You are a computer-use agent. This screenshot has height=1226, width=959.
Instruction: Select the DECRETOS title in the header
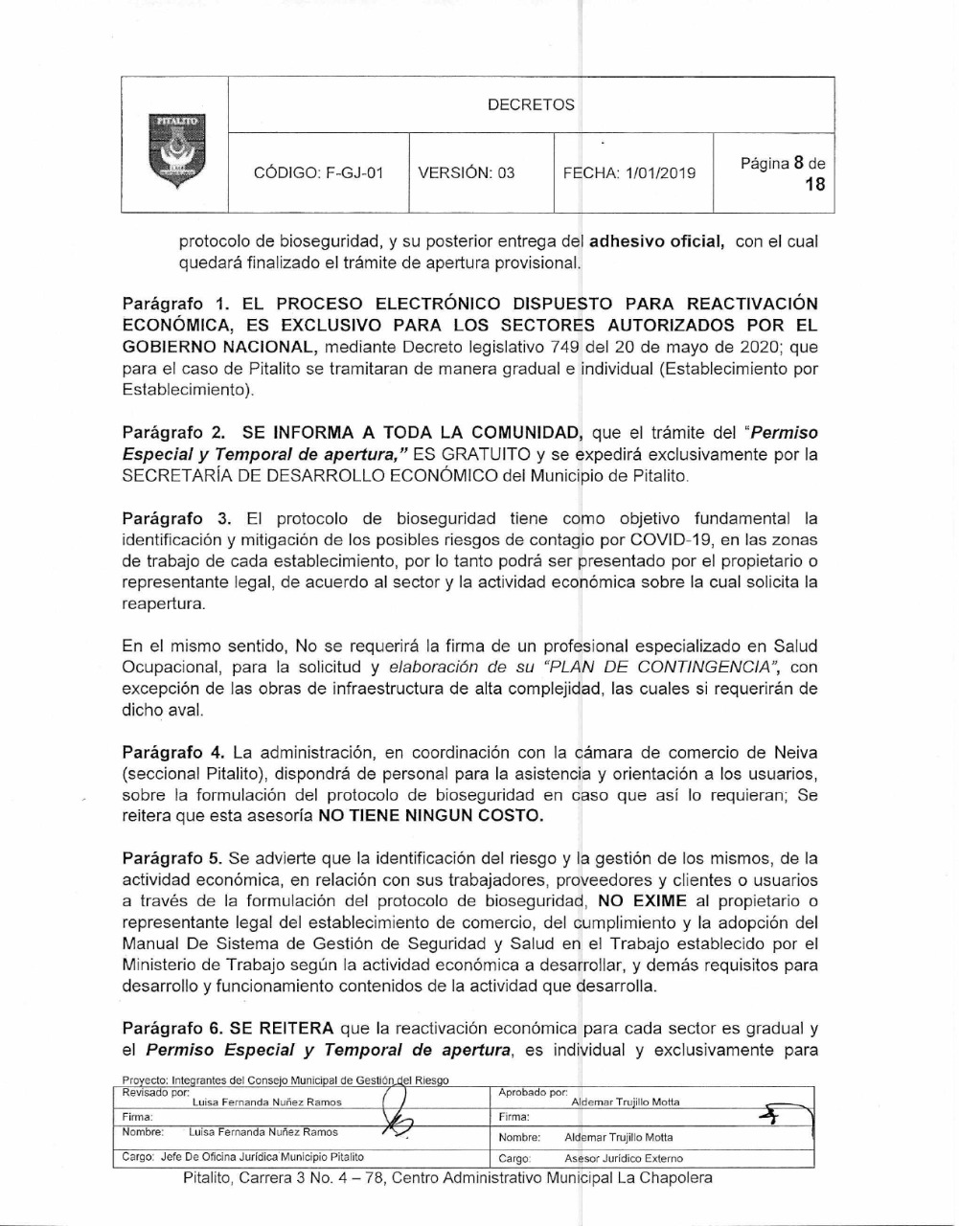[531, 105]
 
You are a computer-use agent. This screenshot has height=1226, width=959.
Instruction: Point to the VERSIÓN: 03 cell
[467, 173]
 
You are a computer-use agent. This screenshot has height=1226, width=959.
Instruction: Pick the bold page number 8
[795, 163]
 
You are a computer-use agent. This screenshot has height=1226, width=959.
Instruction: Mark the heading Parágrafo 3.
[177, 518]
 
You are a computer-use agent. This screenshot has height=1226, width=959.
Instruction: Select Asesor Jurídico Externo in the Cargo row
[624, 1158]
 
